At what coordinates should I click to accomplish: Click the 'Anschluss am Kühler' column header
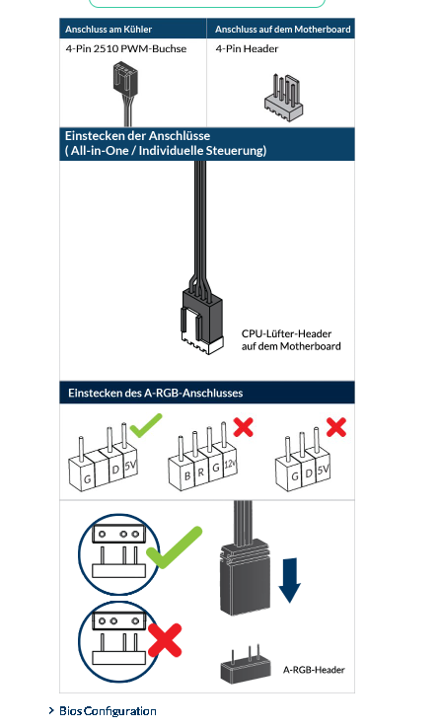point(109,30)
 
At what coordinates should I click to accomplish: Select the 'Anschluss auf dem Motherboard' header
point(283,30)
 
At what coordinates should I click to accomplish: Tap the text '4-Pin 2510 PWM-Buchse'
point(126,48)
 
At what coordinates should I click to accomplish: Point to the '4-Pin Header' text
point(247,48)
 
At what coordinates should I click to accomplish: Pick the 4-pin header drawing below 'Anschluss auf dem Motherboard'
point(284,98)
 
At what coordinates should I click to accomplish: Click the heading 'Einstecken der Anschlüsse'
point(138,136)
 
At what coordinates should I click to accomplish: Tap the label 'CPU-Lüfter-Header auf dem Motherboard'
point(291,340)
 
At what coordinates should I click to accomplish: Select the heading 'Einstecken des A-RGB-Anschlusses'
point(155,394)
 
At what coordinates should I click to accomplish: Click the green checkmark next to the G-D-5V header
point(146,425)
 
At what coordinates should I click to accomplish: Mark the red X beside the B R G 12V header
point(244,427)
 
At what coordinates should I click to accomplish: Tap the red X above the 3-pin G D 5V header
point(336,427)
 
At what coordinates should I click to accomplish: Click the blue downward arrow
point(290,580)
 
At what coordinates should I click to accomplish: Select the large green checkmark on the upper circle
point(174,547)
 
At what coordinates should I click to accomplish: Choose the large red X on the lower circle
point(165,640)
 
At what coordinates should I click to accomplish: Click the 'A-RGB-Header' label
point(314,670)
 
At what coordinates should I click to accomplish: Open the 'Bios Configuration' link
point(108,711)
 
